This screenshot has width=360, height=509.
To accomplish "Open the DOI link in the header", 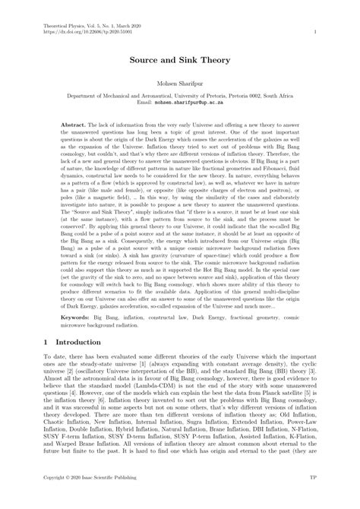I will pyautogui.click(x=78, y=33).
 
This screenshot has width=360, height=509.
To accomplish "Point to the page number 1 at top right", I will pyautogui.click(x=314, y=33).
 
